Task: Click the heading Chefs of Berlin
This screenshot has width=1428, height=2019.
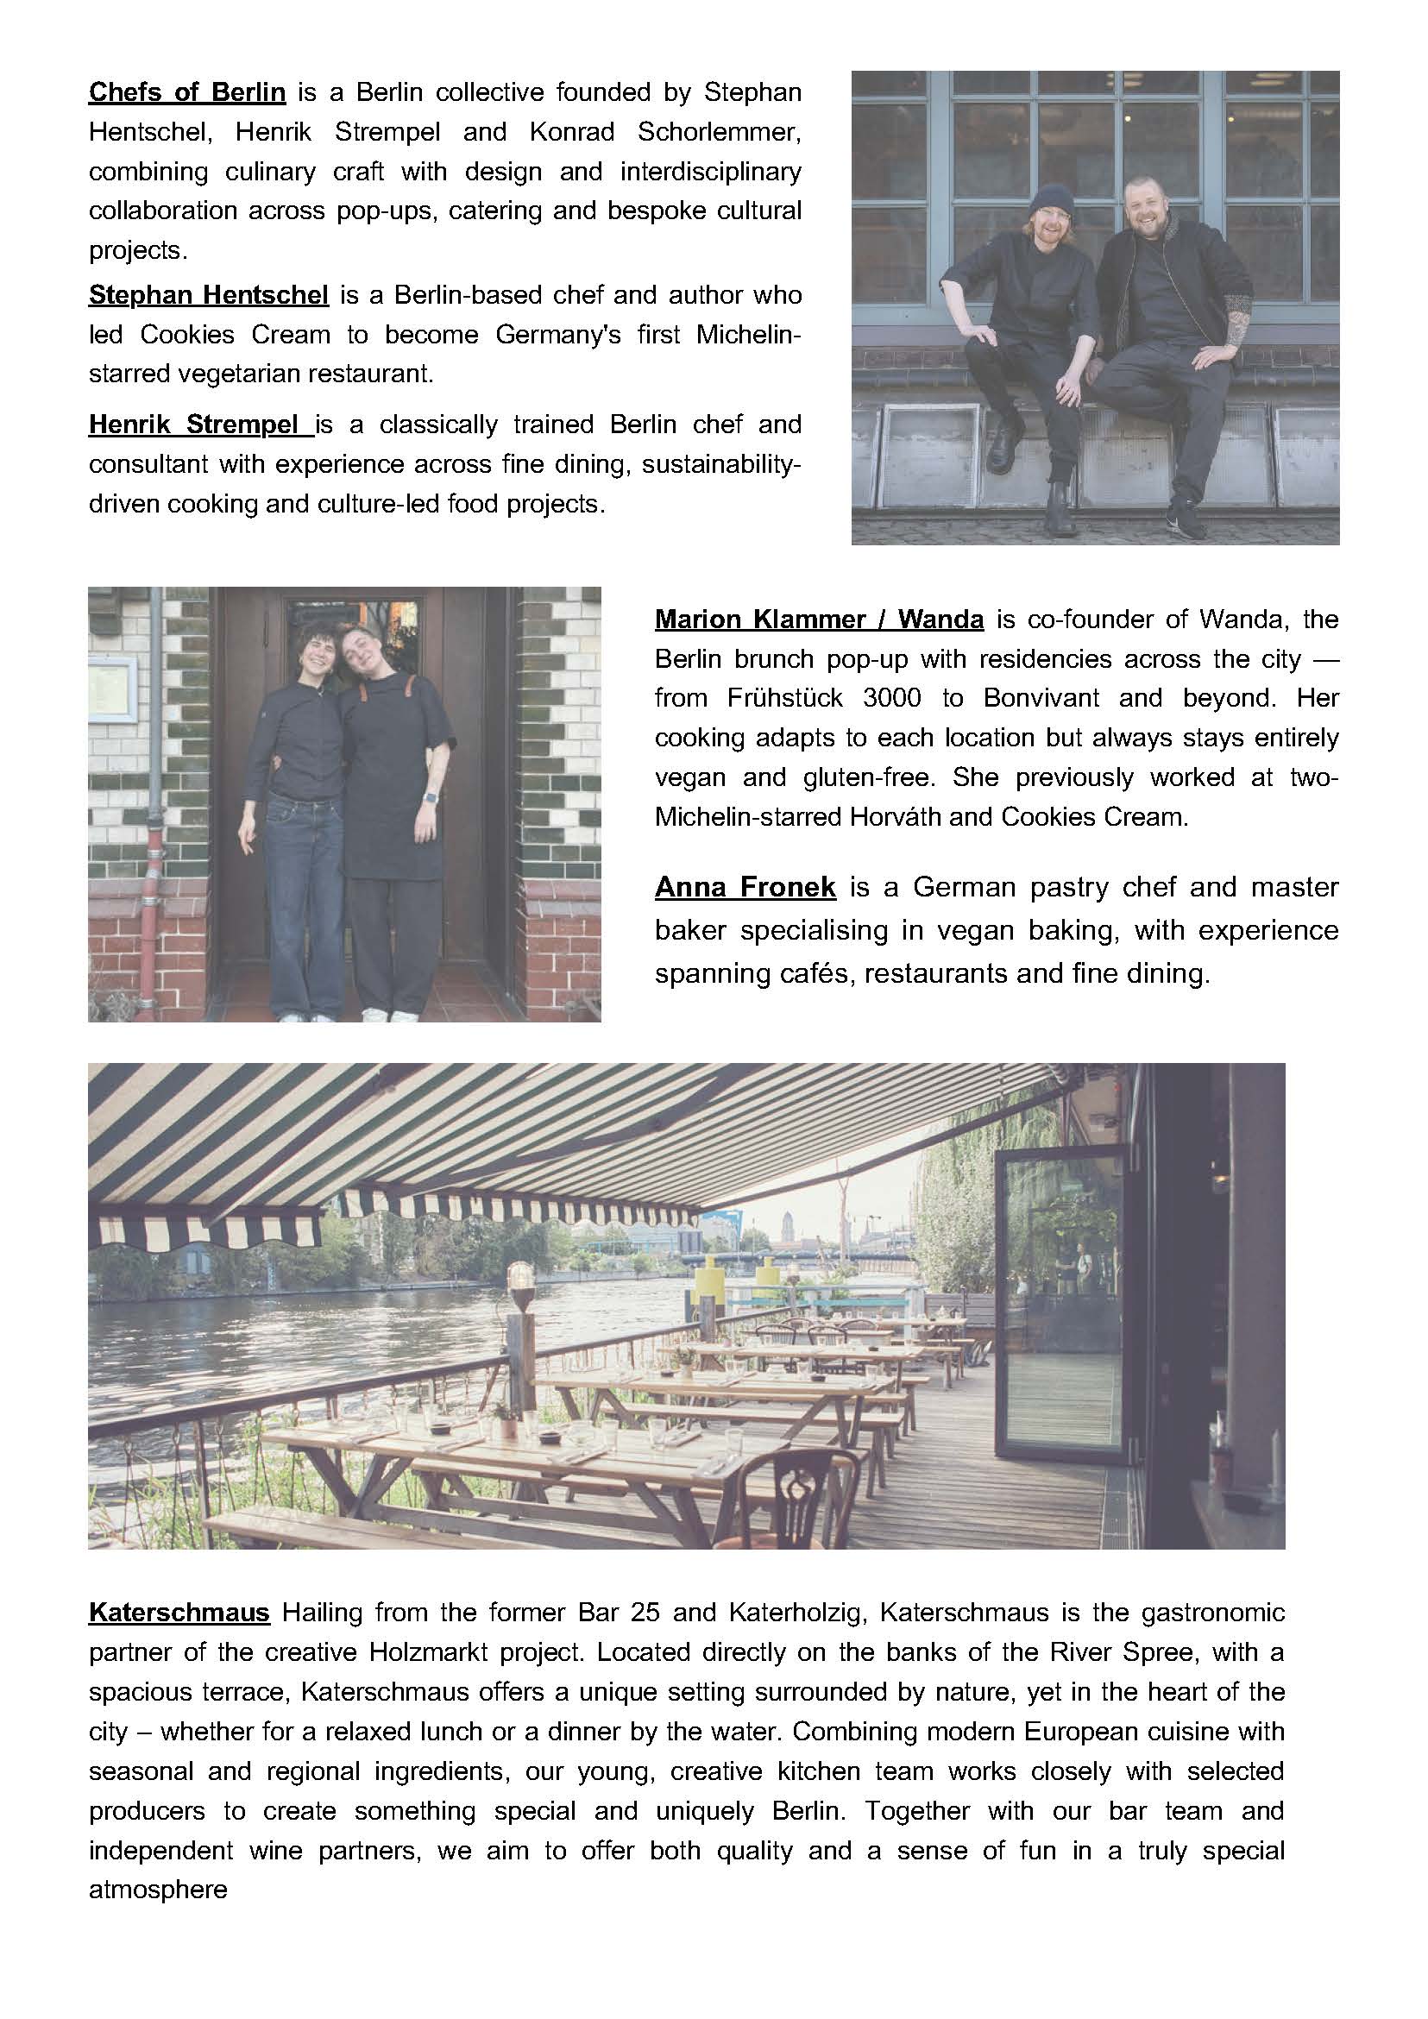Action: click(x=186, y=92)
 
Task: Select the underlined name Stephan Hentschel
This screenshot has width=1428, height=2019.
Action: click(x=209, y=294)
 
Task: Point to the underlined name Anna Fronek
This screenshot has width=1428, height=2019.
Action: click(x=745, y=886)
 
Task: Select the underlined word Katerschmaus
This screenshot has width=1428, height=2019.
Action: click(x=179, y=1613)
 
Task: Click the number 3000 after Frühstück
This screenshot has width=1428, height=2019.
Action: click(x=893, y=698)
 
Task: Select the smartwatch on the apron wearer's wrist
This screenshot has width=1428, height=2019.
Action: click(x=429, y=796)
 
